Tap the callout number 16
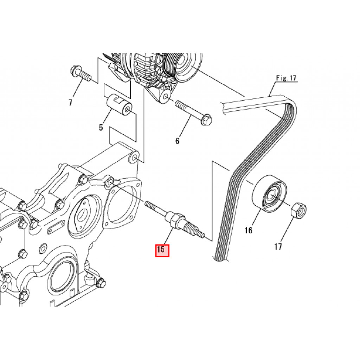pos(249,230)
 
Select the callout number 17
pos(278,246)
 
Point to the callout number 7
pos(70,102)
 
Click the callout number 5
pos(101,127)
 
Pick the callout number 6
pos(177,141)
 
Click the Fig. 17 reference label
pos(286,78)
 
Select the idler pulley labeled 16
pos(270,193)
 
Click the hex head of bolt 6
pos(206,120)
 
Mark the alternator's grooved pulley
pos(182,66)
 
